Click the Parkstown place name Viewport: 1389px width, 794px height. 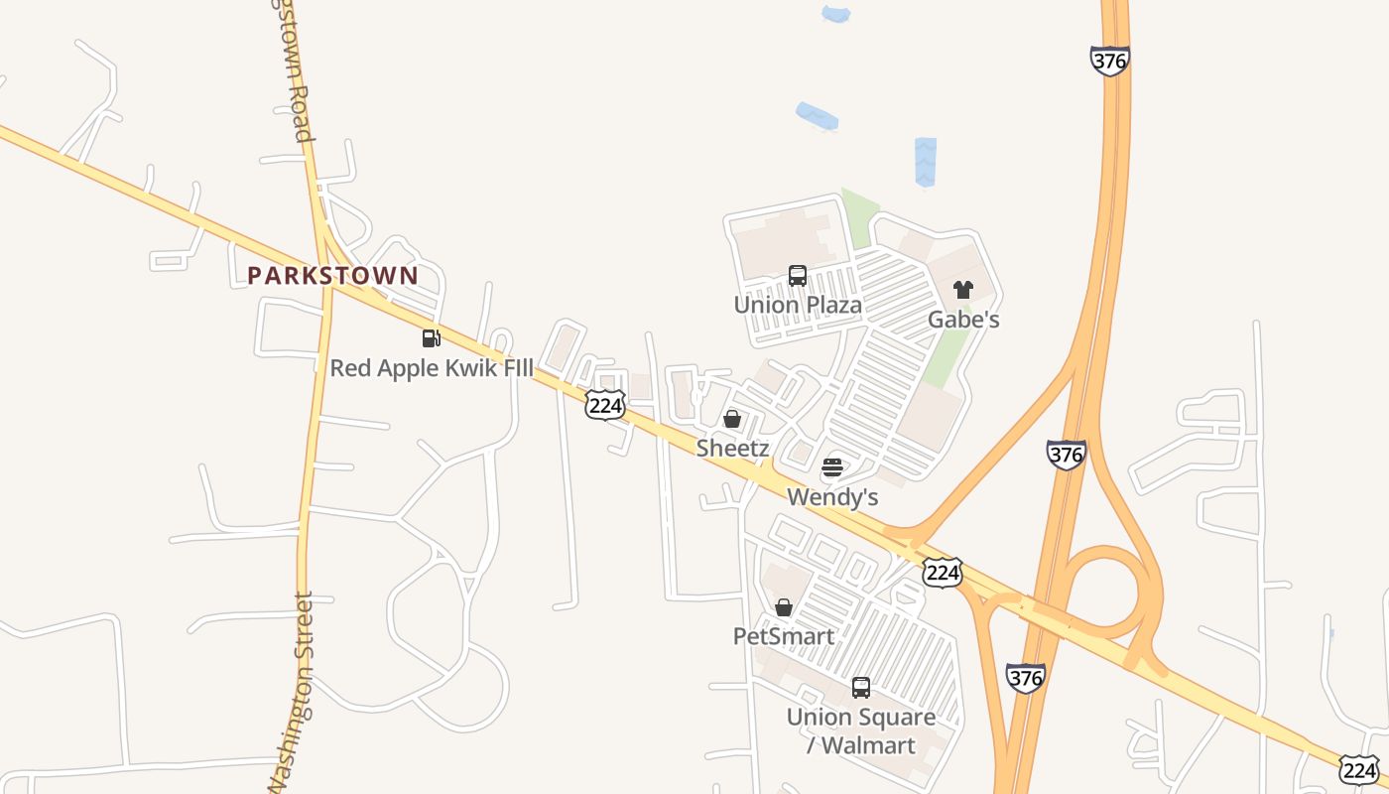point(332,276)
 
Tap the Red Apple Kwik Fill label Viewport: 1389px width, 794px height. point(431,368)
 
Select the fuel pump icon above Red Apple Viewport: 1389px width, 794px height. point(431,338)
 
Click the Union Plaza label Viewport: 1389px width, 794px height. point(798,305)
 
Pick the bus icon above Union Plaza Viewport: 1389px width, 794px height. point(798,276)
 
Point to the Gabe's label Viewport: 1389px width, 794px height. point(963,320)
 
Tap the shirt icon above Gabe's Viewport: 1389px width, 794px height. point(963,290)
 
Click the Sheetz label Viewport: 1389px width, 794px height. point(732,448)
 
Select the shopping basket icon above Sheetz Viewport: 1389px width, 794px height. point(732,419)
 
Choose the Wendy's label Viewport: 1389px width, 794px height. point(832,496)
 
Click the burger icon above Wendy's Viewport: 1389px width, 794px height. point(832,467)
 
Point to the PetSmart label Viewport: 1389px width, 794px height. point(784,636)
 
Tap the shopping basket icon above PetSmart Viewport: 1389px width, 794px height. point(784,607)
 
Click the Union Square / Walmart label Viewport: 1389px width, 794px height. point(861,730)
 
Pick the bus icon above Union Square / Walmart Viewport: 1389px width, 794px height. point(861,687)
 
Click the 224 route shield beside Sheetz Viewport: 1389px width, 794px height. point(605,404)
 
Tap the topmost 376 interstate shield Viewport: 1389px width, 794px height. point(1109,61)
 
